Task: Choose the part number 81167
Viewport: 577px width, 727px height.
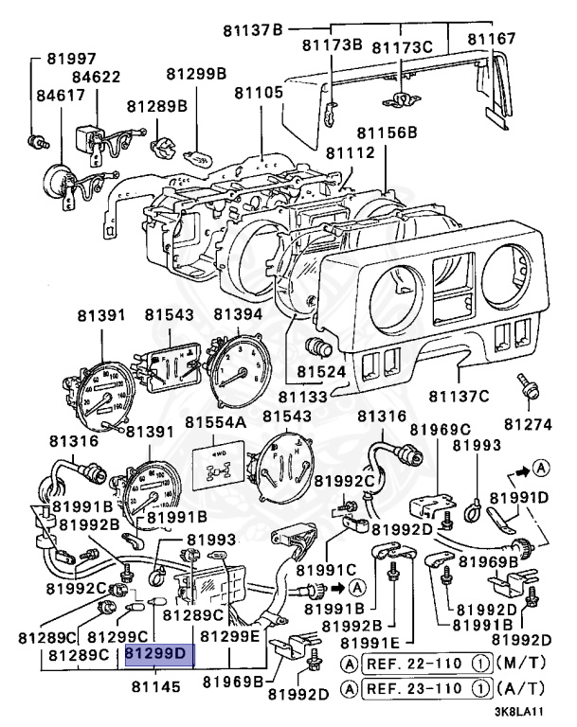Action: [x=493, y=40]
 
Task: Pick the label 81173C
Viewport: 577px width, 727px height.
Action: [x=401, y=45]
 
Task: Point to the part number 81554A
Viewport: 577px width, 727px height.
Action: [x=214, y=420]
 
